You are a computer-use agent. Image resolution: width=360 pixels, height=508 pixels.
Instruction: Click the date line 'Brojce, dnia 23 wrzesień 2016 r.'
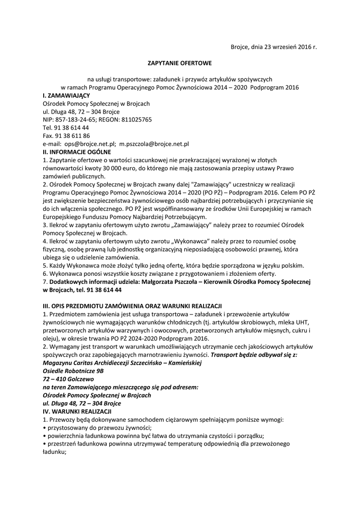tap(274, 47)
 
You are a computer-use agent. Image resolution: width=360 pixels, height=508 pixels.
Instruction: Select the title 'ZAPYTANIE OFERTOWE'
tap(180, 63)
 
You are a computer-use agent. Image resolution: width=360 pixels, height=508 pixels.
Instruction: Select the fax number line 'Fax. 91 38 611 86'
tap(67, 135)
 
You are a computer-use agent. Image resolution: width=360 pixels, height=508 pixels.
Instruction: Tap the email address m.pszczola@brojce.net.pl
tap(154, 143)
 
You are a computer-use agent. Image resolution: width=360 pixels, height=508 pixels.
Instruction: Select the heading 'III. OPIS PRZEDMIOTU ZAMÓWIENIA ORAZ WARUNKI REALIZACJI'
tap(132, 305)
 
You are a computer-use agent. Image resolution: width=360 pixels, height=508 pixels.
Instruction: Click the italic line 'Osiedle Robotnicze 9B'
tap(73, 371)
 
